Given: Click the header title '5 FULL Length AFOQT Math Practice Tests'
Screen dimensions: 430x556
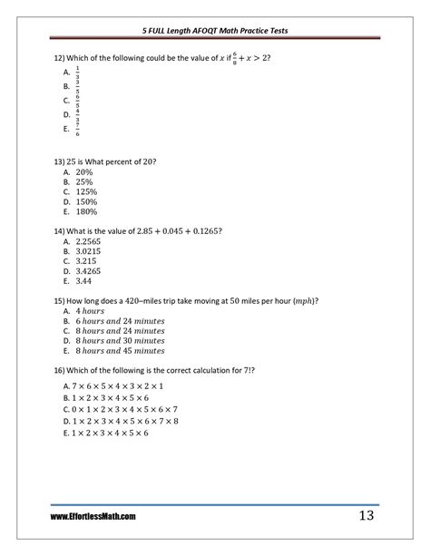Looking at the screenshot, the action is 214,30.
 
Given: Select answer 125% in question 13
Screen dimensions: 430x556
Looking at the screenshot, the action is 86,191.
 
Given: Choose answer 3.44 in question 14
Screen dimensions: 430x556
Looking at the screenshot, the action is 84,281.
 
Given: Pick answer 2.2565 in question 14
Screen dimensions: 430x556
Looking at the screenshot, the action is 89,241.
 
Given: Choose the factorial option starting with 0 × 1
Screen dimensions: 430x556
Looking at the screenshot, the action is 121,409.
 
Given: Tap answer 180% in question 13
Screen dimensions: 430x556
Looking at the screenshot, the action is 86,211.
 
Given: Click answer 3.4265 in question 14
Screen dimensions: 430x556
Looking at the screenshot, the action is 89,271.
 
